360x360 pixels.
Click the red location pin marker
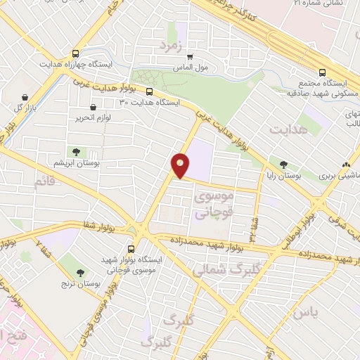(x=181, y=165)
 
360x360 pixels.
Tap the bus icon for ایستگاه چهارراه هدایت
(x=75, y=53)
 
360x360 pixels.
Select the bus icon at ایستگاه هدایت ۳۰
(x=149, y=91)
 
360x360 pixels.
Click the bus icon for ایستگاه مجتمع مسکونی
(x=323, y=72)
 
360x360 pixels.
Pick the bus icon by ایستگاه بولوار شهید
(x=132, y=248)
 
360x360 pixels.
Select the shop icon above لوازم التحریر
(x=93, y=108)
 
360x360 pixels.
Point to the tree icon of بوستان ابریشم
(x=75, y=152)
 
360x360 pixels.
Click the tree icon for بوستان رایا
(x=283, y=165)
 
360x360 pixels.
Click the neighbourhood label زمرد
(x=170, y=47)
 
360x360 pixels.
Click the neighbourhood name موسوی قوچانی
(x=210, y=204)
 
